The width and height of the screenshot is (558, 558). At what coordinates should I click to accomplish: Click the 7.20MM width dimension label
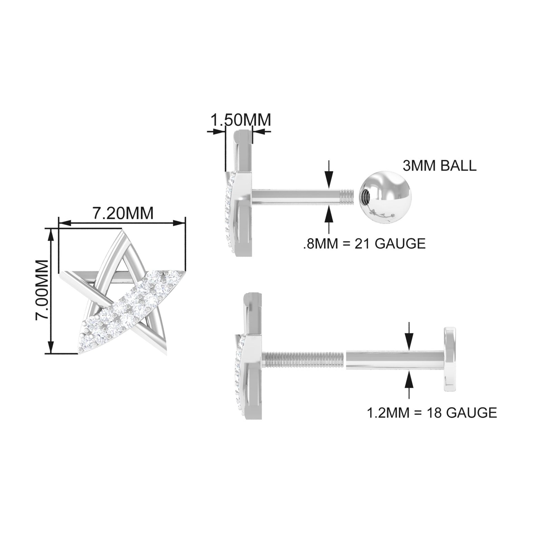(x=123, y=213)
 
